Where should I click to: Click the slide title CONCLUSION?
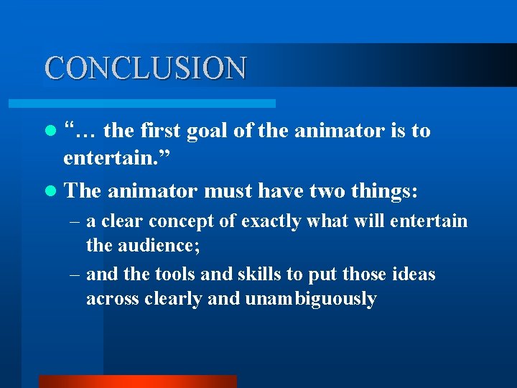[146, 68]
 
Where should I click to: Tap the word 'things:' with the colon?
[388, 192]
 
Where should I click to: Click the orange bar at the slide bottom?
[137, 382]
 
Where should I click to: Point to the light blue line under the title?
[159, 103]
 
